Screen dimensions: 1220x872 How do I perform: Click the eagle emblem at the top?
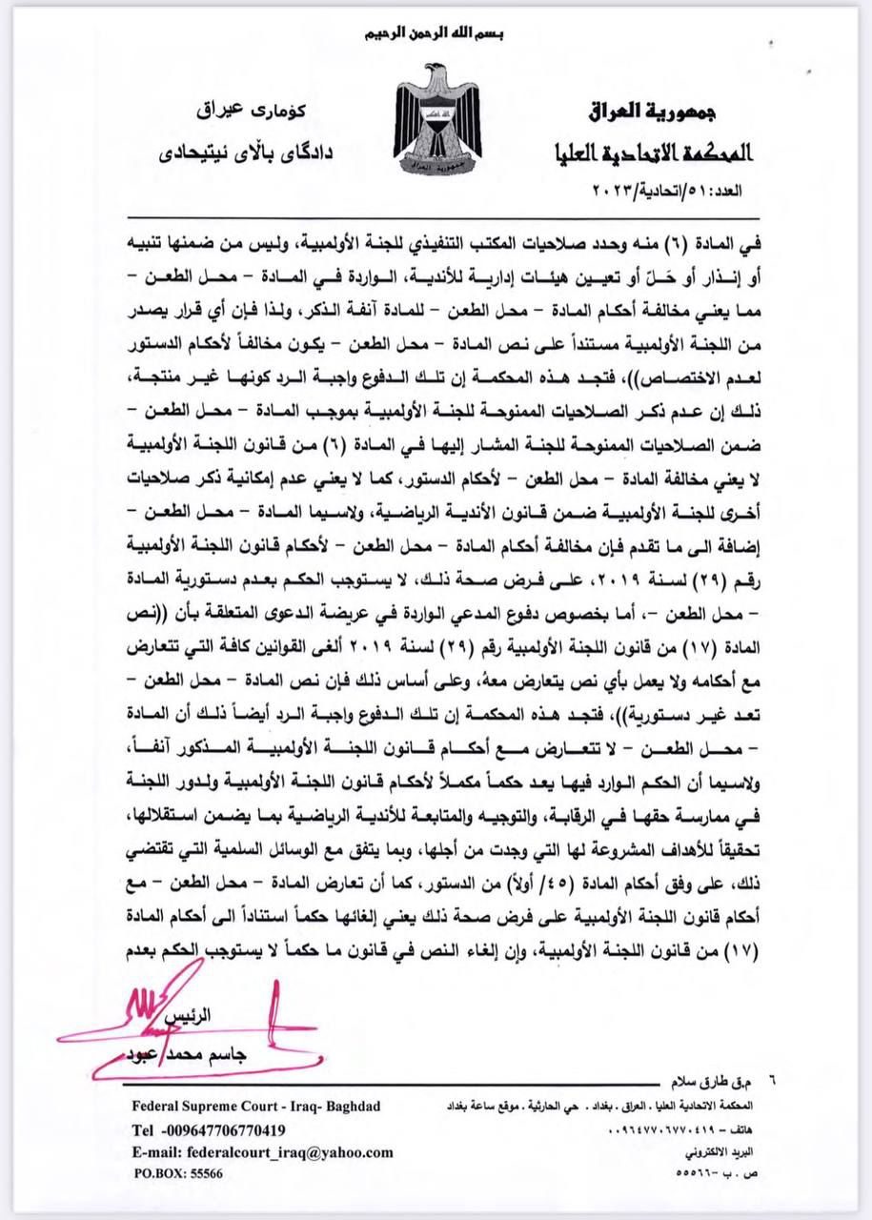(x=436, y=119)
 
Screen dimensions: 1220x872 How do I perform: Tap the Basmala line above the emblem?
(x=435, y=34)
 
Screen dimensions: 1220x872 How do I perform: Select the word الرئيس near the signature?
(x=188, y=1017)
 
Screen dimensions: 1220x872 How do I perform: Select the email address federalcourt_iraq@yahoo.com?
(x=263, y=1152)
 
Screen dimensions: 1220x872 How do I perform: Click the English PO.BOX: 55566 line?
(x=178, y=1174)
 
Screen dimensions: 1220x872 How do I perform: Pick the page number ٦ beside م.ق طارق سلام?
(x=773, y=1082)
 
